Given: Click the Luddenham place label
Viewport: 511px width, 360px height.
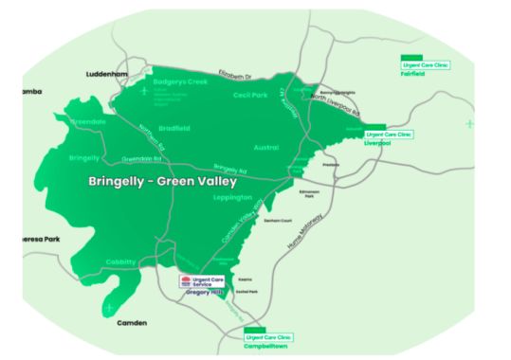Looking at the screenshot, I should (105, 73).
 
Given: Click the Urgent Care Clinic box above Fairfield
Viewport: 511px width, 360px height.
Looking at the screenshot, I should (425, 64).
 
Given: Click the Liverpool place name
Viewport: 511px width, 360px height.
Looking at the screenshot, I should (378, 144).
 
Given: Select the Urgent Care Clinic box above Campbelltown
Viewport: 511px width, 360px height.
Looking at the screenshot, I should (268, 336).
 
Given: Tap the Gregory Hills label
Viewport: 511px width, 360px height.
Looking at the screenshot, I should (203, 294).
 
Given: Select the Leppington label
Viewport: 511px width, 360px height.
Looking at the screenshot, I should (234, 198).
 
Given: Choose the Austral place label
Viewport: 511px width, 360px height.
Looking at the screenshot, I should (266, 148).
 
